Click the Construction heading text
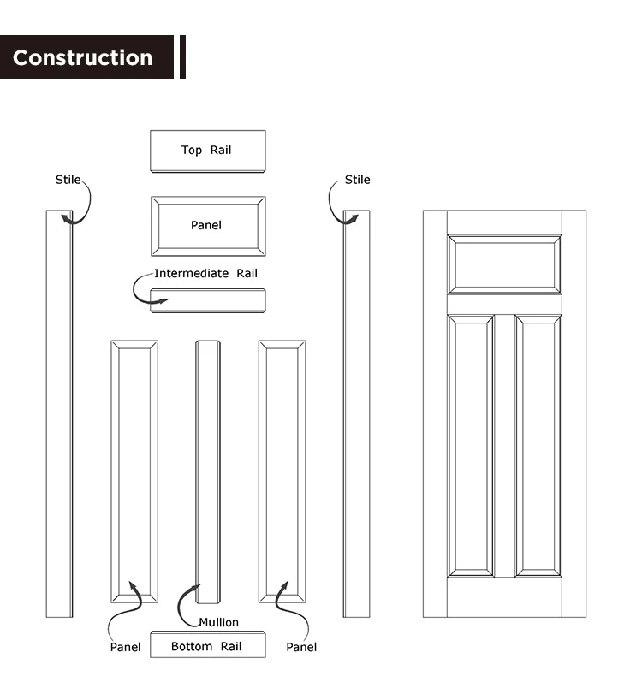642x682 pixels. point(82,57)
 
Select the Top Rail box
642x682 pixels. point(207,151)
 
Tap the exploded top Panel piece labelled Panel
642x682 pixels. point(207,226)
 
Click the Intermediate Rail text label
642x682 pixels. point(205,274)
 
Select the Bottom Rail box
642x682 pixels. point(207,646)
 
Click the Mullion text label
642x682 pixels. point(218,622)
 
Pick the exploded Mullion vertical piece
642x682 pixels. point(208,462)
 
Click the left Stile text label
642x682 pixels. point(68,180)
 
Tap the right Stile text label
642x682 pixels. point(357,180)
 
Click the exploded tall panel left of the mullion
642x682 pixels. point(134,471)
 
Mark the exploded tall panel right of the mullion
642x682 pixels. point(282,471)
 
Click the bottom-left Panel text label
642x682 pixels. point(125,647)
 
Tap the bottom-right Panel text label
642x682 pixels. point(301,647)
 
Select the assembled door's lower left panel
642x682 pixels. point(470,445)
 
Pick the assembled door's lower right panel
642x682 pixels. point(538,445)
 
